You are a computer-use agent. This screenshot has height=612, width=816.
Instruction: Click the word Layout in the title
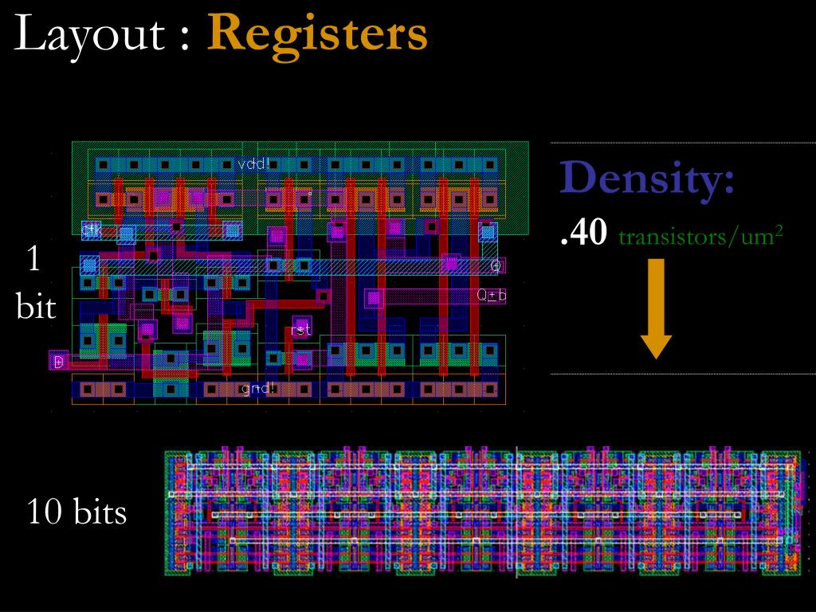[x=96, y=35]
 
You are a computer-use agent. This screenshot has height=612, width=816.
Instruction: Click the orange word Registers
[x=318, y=35]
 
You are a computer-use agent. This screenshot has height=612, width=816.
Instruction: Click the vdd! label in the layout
[x=253, y=165]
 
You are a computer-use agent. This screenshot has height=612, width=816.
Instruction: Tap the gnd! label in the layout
[x=258, y=389]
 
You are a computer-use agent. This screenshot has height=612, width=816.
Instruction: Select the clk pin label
[x=92, y=229]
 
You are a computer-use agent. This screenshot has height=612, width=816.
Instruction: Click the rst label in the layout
[x=301, y=329]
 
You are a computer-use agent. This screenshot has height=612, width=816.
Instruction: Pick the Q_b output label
[x=492, y=296]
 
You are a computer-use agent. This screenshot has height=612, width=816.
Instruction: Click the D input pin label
[x=58, y=362]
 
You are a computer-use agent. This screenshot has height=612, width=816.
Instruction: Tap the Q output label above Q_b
[x=496, y=265]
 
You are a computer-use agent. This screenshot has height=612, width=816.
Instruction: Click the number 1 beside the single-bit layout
[x=34, y=261]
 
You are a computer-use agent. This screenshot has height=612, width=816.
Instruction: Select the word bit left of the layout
[x=36, y=307]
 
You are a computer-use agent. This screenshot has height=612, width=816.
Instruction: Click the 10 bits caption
[x=77, y=512]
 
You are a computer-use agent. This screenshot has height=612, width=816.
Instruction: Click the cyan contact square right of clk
[x=126, y=233]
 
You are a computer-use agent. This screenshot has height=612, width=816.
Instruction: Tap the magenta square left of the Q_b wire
[x=374, y=298]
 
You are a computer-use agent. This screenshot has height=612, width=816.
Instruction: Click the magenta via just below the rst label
[x=302, y=359]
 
